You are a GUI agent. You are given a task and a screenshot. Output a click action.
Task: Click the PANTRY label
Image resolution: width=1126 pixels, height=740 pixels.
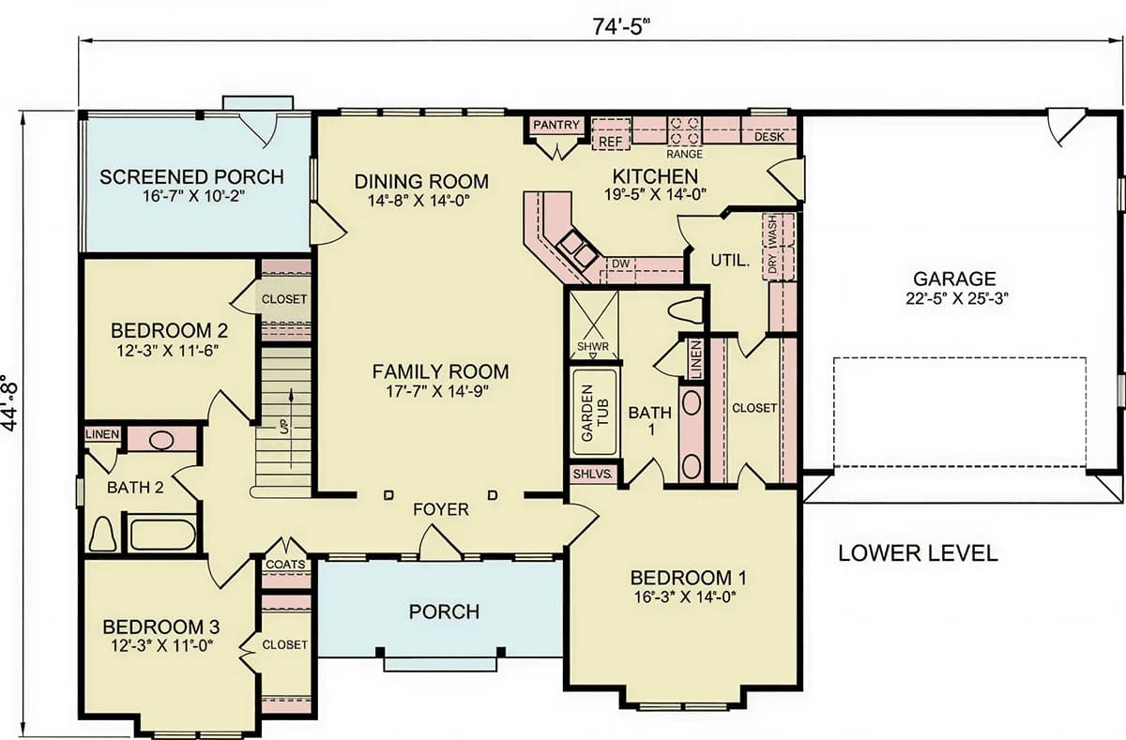555,125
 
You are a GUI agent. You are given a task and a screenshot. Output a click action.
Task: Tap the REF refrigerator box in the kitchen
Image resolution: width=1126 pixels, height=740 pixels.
611,134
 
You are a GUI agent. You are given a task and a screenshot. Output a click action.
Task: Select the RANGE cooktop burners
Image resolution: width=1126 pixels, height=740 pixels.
685,130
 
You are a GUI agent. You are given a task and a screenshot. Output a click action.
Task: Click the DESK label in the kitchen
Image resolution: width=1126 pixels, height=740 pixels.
769,137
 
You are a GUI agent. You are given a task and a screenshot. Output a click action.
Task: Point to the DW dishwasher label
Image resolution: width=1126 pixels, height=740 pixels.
620,264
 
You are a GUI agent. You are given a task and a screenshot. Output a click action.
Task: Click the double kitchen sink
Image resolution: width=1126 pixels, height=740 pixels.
578,249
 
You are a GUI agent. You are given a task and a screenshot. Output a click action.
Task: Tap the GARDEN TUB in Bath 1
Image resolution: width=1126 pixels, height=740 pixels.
595,413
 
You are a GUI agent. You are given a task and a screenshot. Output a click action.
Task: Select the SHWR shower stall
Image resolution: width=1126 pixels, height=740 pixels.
594,325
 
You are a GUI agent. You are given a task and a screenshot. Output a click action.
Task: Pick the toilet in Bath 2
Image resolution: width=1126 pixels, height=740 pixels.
102,534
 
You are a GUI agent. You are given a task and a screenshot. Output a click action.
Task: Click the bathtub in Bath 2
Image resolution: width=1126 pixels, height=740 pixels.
162,535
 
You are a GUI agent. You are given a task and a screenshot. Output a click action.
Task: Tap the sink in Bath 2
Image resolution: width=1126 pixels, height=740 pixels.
161,441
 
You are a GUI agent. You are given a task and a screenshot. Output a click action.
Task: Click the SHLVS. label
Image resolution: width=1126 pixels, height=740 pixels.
593,474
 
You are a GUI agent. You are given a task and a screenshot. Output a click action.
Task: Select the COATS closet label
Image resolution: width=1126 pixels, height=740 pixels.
285,565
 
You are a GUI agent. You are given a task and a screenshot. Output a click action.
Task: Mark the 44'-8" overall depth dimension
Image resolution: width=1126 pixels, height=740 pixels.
10,403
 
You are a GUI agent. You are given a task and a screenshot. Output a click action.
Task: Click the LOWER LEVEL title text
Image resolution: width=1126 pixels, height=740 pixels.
918,553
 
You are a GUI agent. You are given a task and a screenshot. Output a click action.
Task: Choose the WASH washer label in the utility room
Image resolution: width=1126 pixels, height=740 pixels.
772,231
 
